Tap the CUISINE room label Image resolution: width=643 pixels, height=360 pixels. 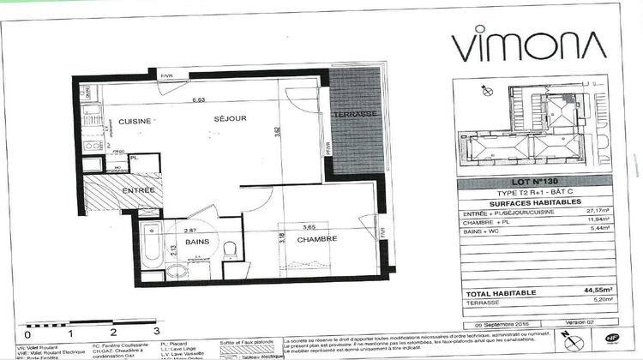point(135,120)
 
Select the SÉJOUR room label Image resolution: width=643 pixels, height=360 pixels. point(231,118)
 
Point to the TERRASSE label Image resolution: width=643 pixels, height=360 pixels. point(355,114)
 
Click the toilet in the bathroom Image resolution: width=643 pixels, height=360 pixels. point(229,250)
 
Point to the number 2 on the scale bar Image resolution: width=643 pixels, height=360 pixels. point(113,329)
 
